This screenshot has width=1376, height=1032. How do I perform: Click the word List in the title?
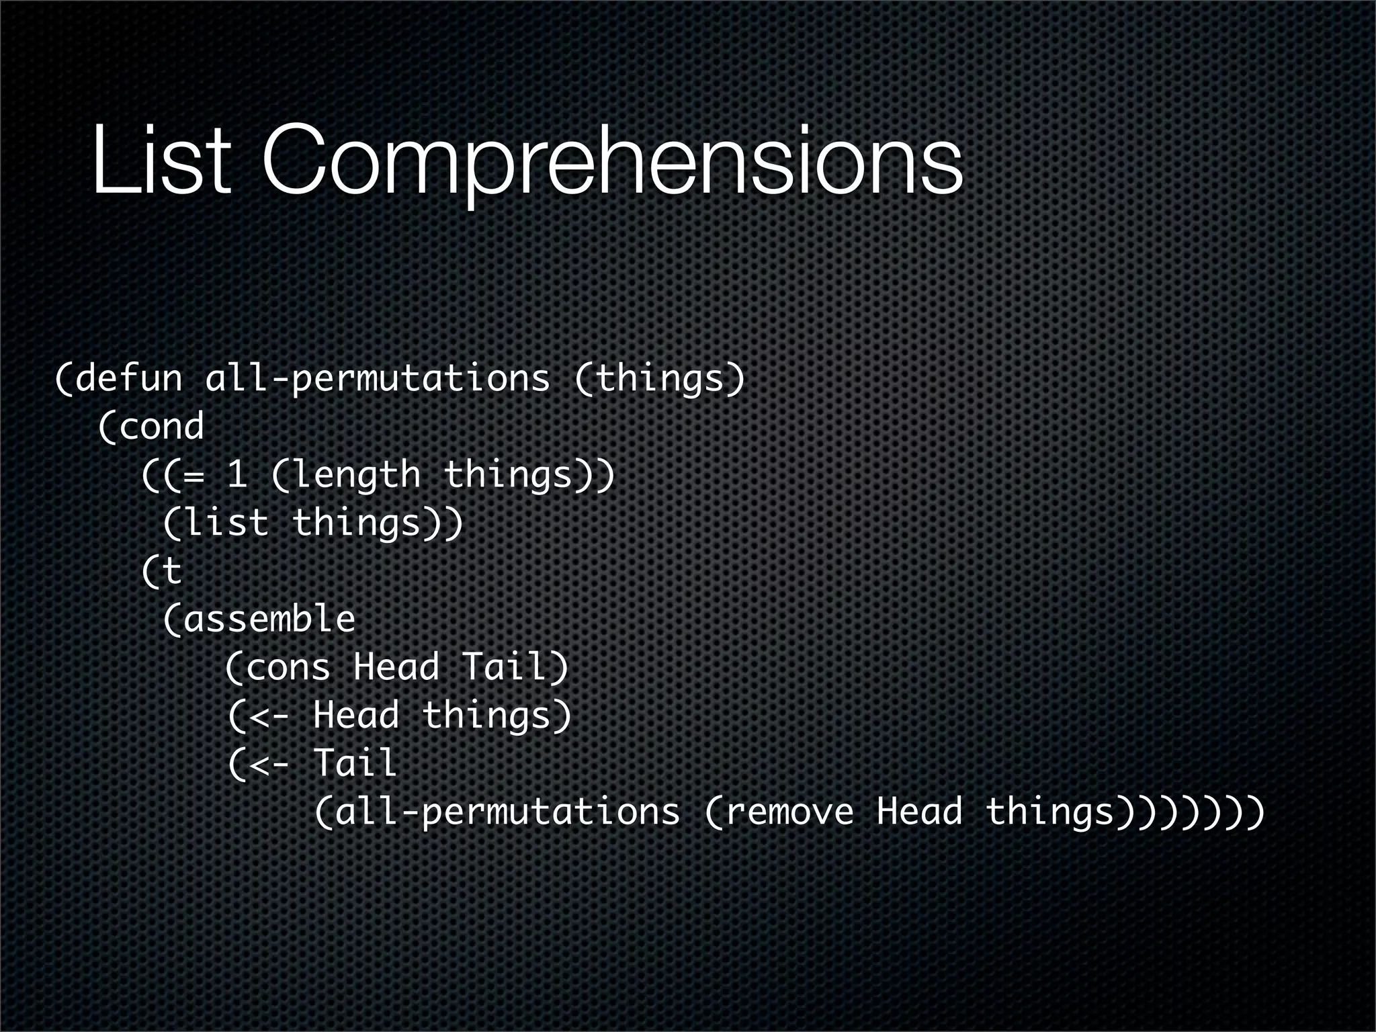(162, 161)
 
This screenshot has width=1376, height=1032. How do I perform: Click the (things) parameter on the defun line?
(660, 378)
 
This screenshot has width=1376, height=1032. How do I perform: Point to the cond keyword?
(161, 427)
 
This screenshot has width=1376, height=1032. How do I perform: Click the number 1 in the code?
(236, 475)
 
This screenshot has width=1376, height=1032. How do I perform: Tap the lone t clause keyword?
(172, 572)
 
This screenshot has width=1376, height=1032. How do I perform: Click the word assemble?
(269, 619)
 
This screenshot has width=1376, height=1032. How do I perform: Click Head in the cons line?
(396, 668)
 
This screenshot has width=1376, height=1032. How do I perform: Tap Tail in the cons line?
(504, 668)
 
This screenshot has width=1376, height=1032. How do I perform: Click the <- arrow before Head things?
(269, 716)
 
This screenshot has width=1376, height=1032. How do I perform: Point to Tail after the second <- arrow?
(355, 764)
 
